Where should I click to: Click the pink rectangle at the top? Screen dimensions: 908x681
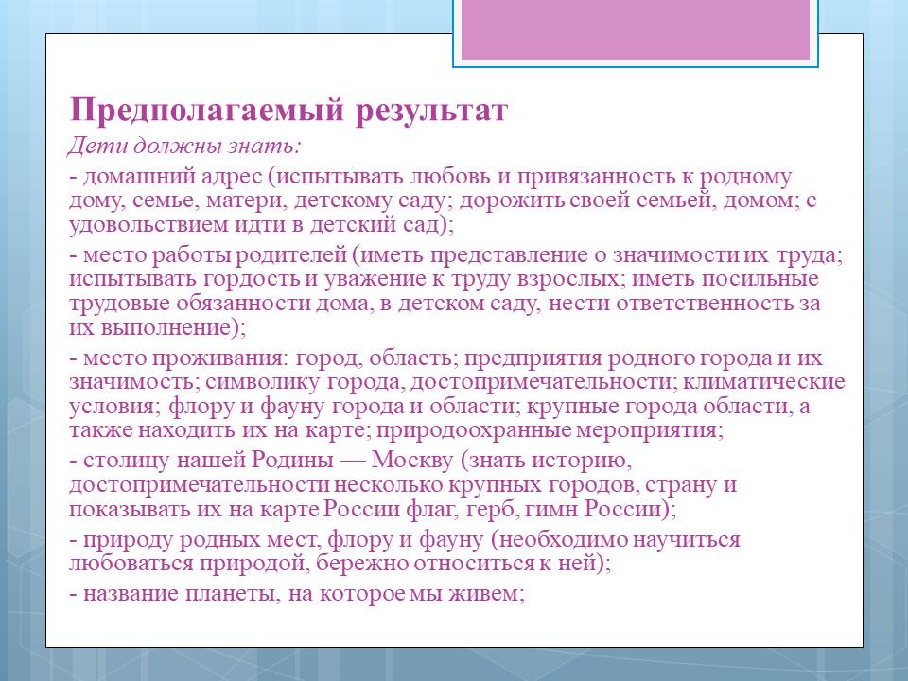(636, 29)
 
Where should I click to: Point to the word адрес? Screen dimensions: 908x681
(232, 177)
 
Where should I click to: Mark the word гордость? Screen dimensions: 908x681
(251, 279)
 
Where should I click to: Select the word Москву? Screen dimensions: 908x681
(411, 461)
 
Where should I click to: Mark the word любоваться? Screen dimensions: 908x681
(131, 564)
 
